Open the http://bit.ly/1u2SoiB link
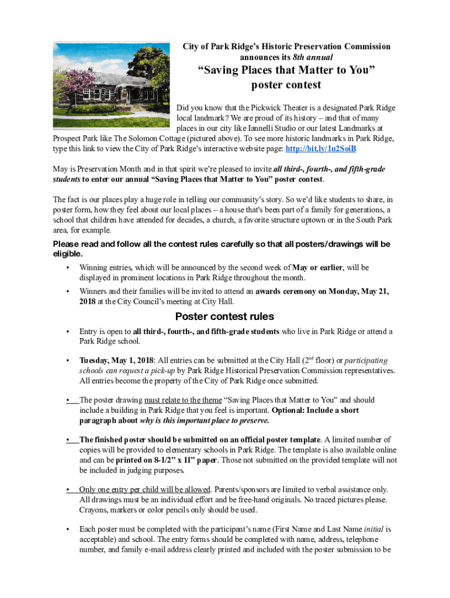tap(320, 149)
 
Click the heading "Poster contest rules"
tap(224, 317)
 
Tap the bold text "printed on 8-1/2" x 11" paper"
tap(167, 460)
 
